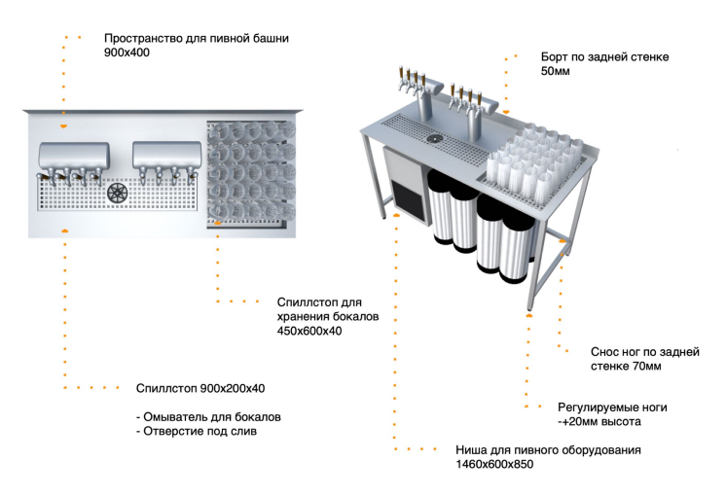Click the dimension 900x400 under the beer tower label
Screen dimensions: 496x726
point(127,53)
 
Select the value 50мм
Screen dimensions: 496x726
point(557,72)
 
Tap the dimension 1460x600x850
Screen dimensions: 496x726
point(494,465)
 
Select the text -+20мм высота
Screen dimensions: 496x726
point(599,422)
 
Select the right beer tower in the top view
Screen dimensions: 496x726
point(166,157)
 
